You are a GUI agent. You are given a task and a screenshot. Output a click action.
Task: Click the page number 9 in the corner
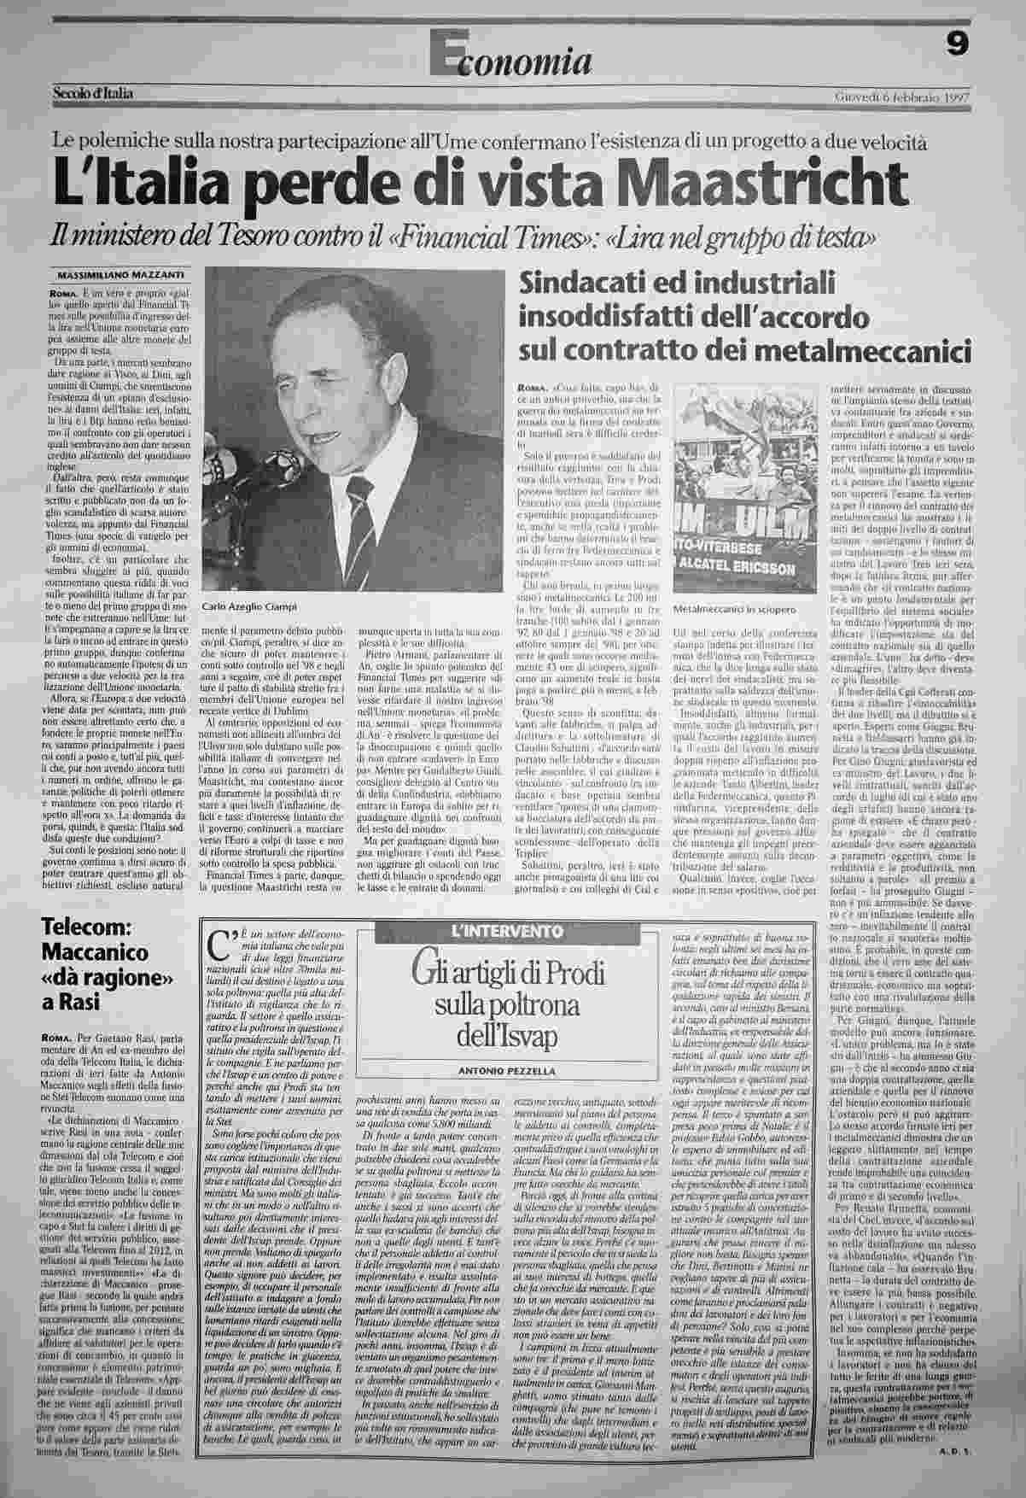[956, 43]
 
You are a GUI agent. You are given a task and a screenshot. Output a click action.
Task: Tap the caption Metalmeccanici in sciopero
[733, 610]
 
